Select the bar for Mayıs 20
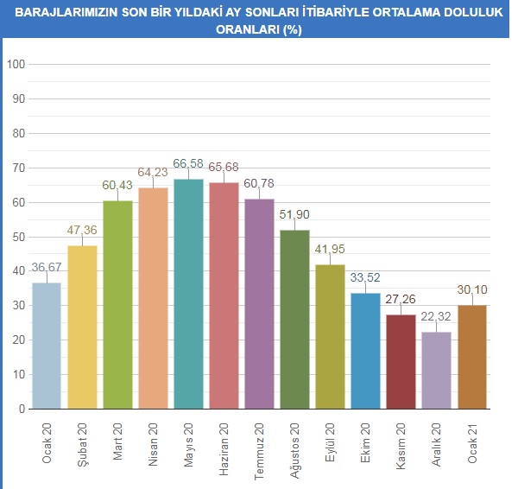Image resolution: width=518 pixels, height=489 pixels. coord(188,294)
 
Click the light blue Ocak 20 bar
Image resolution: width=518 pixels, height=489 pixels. coord(47,346)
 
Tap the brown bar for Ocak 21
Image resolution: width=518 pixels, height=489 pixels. coord(471,357)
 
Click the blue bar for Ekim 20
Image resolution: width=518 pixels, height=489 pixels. coord(365,351)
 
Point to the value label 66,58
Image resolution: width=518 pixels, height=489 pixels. coord(188,163)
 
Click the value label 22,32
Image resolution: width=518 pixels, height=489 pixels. coord(436,316)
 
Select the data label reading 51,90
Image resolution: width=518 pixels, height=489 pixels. coord(294,214)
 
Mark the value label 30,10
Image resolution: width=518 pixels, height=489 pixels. coord(471,289)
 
